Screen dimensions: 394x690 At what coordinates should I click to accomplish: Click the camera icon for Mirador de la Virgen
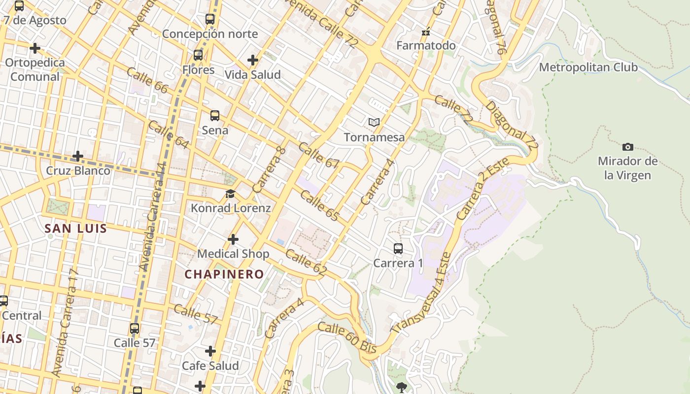coord(627,147)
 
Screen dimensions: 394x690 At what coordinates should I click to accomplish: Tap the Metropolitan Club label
coord(588,67)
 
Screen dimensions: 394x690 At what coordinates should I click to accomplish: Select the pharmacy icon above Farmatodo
coord(426,33)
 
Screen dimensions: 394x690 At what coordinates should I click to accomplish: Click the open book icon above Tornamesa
coord(374,122)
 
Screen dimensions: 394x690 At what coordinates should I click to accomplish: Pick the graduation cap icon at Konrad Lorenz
coord(230,194)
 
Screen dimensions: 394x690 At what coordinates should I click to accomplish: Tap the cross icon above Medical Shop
coord(233,239)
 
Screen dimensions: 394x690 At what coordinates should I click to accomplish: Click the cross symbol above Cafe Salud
coord(210,351)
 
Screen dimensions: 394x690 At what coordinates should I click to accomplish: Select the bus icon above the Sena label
coord(215,116)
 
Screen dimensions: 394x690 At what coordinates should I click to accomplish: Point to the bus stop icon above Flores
coord(198,55)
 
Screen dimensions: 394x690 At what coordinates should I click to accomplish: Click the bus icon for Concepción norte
coord(210,19)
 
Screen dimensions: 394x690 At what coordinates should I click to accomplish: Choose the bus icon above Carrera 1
coord(398,249)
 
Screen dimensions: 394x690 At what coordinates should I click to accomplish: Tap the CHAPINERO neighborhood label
coord(224,274)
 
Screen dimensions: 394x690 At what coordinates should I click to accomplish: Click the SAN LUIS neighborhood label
coord(75,229)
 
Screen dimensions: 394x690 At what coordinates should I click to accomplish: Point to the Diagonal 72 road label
coord(511,125)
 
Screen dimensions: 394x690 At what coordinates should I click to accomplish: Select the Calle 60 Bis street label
coord(347,337)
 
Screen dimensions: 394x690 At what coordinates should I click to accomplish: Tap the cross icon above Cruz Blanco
coord(77,157)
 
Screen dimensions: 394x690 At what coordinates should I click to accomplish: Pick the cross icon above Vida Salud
coord(253,60)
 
